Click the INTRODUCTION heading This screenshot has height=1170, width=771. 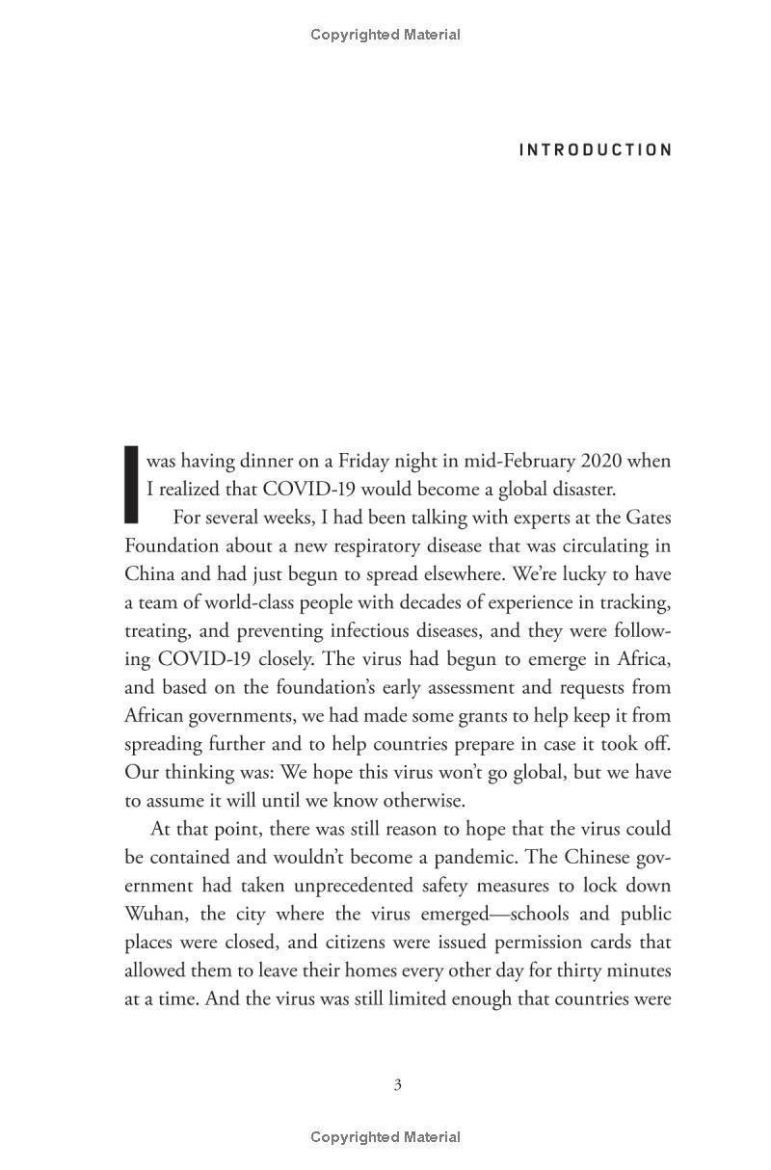[x=596, y=150]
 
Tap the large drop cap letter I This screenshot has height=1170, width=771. [x=132, y=484]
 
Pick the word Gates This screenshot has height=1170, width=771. [x=646, y=518]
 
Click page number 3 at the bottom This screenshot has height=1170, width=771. [x=397, y=1085]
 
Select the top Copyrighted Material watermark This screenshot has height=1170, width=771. [x=385, y=35]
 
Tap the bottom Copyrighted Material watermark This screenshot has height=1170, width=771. [x=385, y=1137]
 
